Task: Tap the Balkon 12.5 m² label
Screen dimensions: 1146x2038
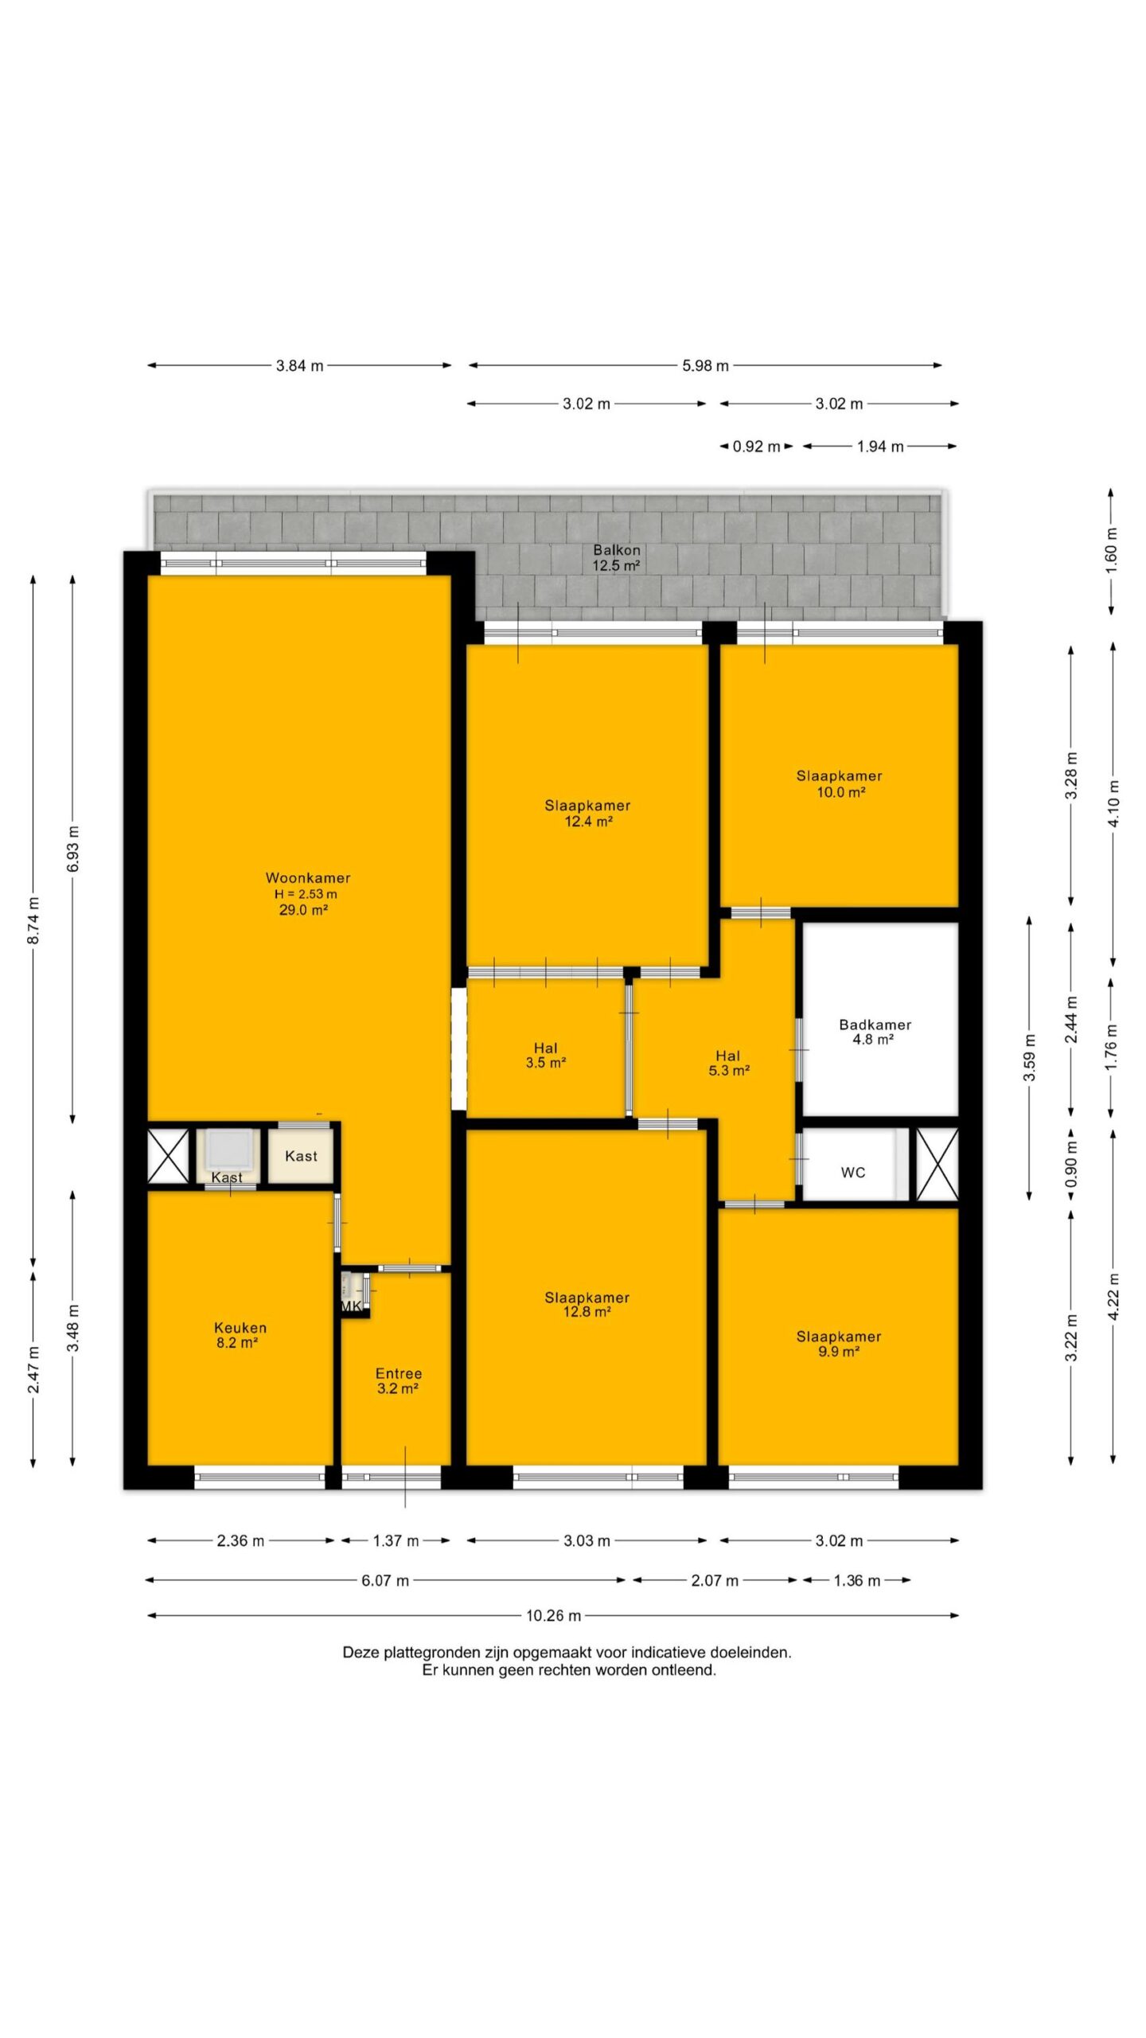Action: coord(617,557)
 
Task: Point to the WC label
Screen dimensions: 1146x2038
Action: coord(853,1172)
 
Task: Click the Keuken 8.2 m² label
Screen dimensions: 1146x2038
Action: coord(240,1334)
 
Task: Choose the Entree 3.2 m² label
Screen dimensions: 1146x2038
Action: coord(399,1380)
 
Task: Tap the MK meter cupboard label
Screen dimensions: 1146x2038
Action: coord(352,1306)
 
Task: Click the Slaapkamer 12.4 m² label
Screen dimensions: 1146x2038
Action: coord(587,813)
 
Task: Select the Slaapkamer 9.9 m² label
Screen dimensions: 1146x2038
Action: coord(839,1344)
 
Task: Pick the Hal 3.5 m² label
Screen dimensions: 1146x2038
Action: coord(546,1055)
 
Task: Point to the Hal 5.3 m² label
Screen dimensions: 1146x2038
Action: coord(728,1063)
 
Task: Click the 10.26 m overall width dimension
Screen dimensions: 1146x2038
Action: coord(553,1615)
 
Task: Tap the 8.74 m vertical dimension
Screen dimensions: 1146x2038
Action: coord(33,920)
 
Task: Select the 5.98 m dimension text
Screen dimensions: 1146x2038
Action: coord(705,365)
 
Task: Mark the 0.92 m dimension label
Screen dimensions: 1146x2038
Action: coord(756,447)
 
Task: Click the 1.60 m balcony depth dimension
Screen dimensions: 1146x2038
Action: coord(1112,551)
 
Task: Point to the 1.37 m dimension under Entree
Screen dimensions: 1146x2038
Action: coord(396,1540)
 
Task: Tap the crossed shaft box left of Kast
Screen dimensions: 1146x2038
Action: coord(169,1155)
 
